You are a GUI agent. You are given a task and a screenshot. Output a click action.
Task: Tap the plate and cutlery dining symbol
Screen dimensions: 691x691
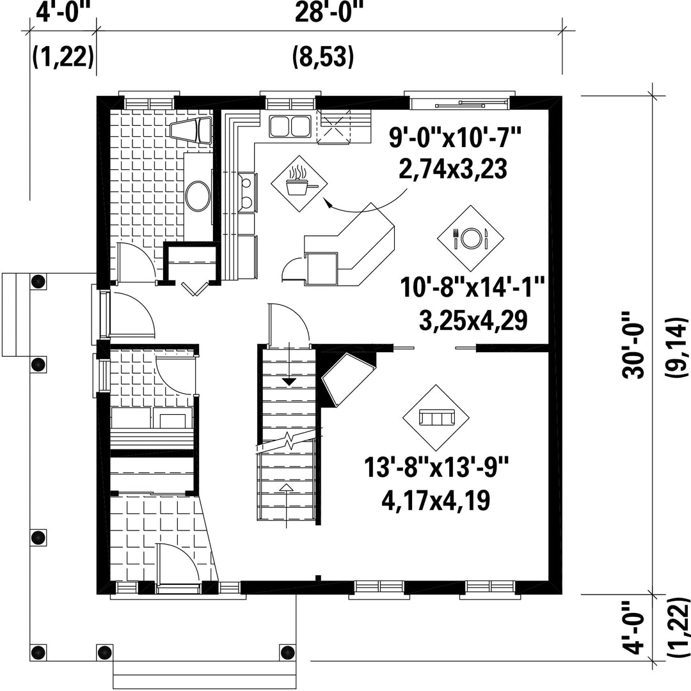click(x=470, y=238)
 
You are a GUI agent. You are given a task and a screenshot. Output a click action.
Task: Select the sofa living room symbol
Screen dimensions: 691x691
click(x=436, y=418)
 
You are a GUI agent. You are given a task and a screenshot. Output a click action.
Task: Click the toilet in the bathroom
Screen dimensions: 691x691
click(x=191, y=130)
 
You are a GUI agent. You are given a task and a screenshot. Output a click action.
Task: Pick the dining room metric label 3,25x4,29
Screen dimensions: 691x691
click(x=473, y=321)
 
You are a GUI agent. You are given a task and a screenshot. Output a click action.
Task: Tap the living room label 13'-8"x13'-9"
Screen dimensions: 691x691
click(x=436, y=467)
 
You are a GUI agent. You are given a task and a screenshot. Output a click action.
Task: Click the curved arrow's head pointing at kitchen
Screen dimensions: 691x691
click(x=327, y=202)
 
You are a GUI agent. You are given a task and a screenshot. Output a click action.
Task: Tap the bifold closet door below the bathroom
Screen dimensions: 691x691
click(x=195, y=288)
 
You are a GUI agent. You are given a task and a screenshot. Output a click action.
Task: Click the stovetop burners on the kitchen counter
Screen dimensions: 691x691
click(x=248, y=192)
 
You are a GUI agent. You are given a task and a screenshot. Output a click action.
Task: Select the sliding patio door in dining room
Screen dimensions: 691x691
click(x=459, y=104)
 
